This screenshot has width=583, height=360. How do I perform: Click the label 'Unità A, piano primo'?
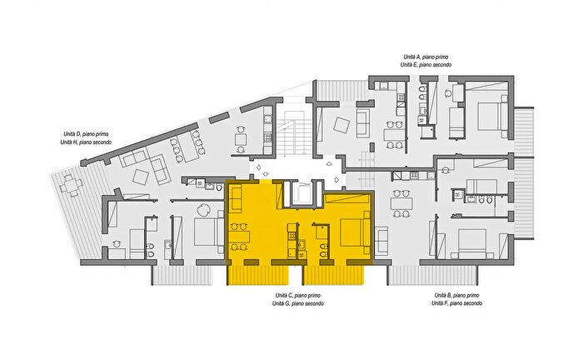[426, 57]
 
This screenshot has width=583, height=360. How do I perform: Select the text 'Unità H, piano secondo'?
[86, 142]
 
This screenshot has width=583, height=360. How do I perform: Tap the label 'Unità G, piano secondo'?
[298, 303]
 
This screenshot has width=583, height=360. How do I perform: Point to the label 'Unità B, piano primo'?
[457, 295]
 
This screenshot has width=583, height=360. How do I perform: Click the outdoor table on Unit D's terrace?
[71, 185]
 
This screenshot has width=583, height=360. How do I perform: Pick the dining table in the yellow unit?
[240, 237]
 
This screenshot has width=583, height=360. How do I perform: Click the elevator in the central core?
[301, 192]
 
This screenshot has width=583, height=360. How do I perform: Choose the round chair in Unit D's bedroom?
[203, 211]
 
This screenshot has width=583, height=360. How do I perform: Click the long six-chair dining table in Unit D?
[188, 147]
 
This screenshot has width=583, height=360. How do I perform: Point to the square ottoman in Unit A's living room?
[341, 125]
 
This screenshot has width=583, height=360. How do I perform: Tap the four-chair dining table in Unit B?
[401, 203]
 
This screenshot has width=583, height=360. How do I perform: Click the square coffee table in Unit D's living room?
[141, 177]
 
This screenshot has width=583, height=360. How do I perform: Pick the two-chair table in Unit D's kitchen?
[241, 139]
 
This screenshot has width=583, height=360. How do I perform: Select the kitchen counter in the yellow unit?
[291, 240]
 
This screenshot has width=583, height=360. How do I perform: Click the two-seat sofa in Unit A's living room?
[363, 123]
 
